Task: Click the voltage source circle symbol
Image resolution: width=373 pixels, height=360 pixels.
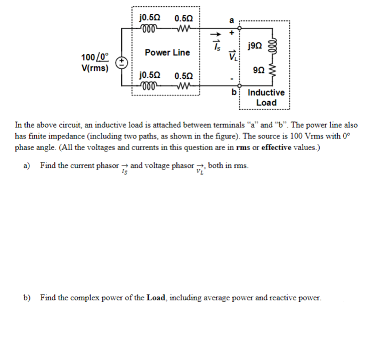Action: pos(121,62)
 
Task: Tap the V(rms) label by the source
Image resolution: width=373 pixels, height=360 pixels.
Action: pos(94,68)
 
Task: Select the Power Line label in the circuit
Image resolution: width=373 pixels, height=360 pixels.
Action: pos(167,53)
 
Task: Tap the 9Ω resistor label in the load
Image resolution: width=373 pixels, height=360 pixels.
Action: pos(258,69)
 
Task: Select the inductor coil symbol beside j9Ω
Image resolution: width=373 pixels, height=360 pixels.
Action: pos(274,46)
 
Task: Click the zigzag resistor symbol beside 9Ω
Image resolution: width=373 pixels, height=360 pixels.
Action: pos(274,70)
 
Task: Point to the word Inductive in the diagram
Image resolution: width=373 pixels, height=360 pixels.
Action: pos(266,93)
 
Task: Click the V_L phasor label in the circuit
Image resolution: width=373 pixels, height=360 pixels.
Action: pos(232,55)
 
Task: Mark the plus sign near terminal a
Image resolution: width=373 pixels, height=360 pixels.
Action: pos(232,31)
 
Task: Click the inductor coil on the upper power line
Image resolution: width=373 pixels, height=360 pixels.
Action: pos(146,28)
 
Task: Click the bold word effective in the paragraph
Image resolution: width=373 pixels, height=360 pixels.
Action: pos(275,147)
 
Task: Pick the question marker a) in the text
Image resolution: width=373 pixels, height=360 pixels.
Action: pos(27,166)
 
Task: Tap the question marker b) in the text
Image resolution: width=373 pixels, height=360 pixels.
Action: pos(27,298)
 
